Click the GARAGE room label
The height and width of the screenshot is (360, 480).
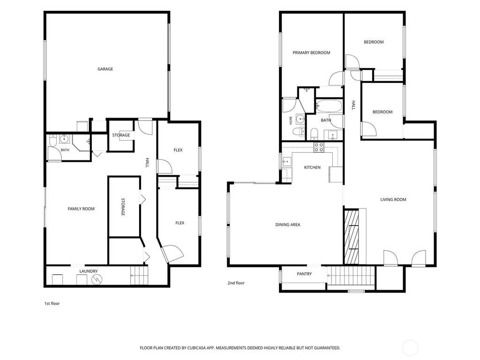[x=105, y=69]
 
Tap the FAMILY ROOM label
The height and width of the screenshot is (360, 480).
[x=81, y=209]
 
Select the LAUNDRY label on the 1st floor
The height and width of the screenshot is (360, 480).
[x=89, y=271]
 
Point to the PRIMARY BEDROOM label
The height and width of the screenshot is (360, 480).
[x=311, y=52]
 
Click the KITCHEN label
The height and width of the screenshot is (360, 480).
[x=312, y=167]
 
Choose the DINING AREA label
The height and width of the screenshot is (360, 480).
[x=288, y=225]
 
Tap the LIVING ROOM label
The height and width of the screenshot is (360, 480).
[x=393, y=200]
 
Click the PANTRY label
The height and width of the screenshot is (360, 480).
[x=304, y=274]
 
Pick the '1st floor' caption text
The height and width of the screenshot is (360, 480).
[x=52, y=304]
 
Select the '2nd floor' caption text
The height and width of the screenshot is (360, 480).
[x=236, y=283]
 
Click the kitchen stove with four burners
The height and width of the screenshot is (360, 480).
[x=319, y=147]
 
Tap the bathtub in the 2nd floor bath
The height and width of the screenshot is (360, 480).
[x=329, y=106]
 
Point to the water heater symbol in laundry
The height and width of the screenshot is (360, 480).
[x=97, y=279]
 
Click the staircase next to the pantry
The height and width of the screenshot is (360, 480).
[x=351, y=276]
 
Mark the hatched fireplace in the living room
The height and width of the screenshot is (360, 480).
[x=352, y=237]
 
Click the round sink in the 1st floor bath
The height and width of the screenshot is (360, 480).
[x=64, y=139]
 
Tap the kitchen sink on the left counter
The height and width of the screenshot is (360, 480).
[x=287, y=161]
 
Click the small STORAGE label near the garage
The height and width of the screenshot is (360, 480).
[x=121, y=135]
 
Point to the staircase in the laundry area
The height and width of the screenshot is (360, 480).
[x=139, y=276]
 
